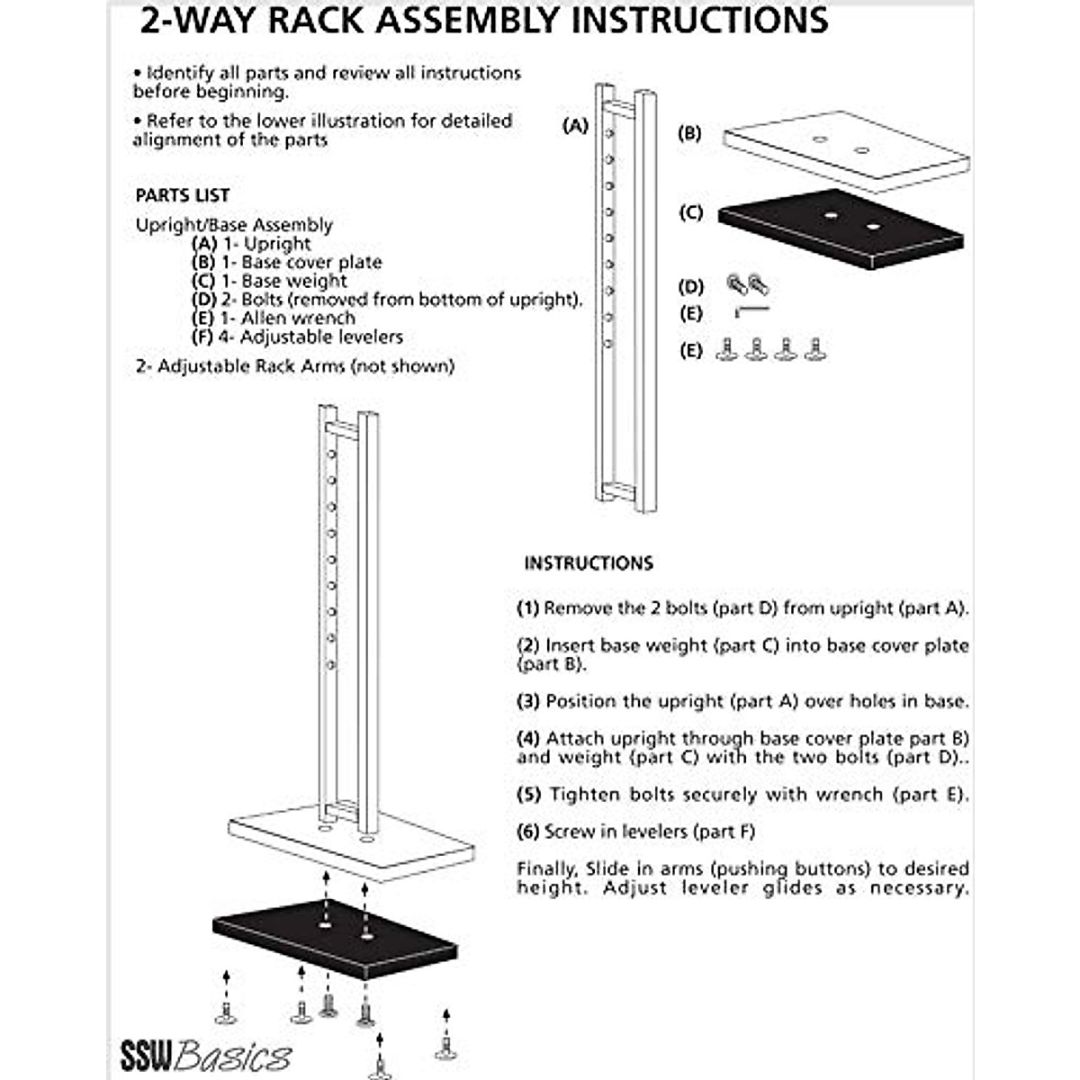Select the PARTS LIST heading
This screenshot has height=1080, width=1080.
pos(183,195)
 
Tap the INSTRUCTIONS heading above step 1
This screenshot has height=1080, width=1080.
pos(589,563)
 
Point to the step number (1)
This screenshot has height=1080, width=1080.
pos(527,608)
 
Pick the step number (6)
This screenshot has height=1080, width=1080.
pos(527,832)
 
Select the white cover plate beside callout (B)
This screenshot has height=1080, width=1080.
pos(846,148)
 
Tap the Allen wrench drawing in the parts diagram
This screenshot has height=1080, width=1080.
pos(751,311)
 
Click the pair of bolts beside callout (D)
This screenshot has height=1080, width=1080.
pos(747,286)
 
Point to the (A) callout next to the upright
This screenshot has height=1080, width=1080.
pos(575,126)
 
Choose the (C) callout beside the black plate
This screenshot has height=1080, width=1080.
pos(690,213)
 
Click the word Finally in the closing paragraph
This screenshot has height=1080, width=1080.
pos(548,869)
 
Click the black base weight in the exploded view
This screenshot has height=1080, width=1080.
pos(335,937)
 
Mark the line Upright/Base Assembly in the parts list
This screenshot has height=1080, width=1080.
pos(234,225)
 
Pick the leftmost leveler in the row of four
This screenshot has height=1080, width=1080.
pos(726,349)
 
